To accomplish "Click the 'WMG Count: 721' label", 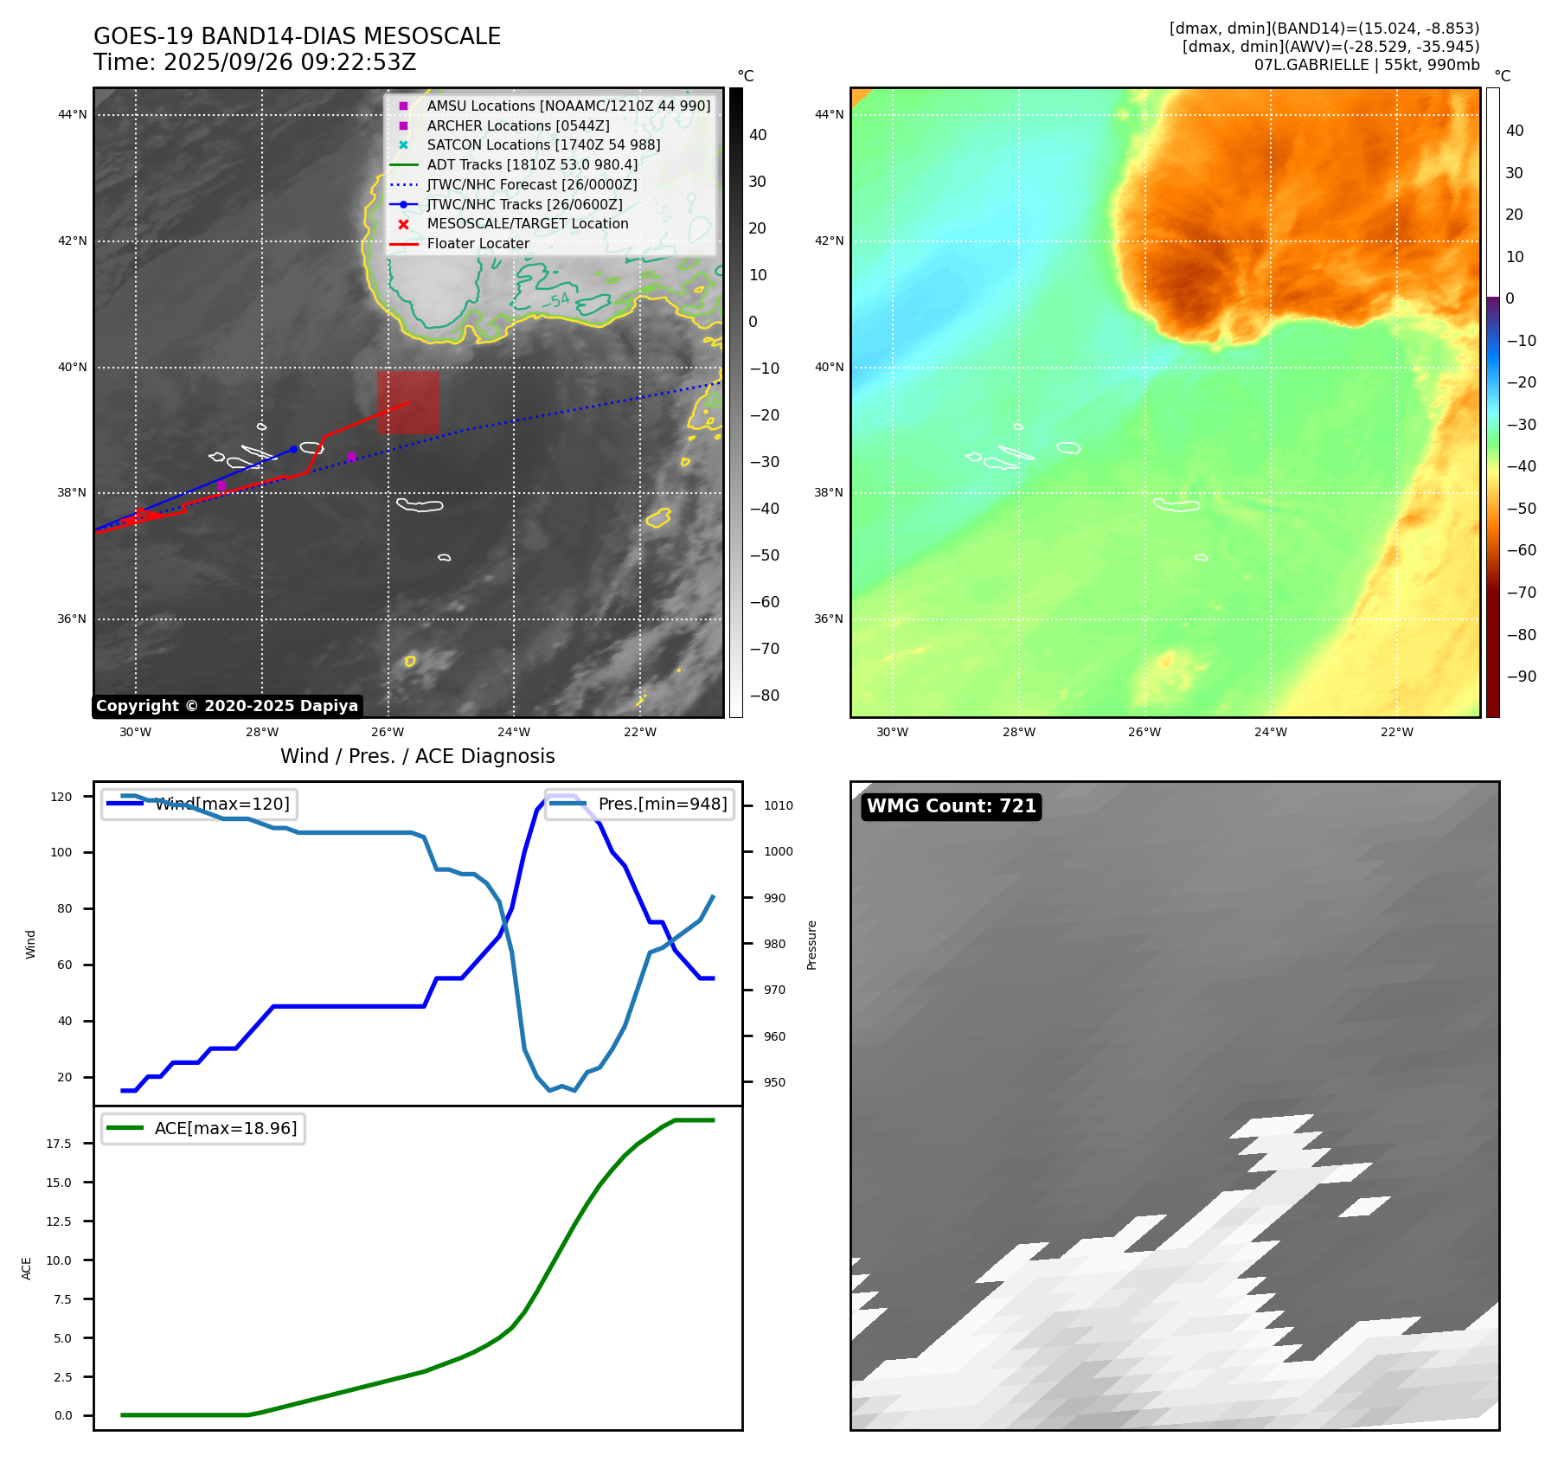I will coord(951,806).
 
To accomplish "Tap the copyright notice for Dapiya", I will coord(227,706).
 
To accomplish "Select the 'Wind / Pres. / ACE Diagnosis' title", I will coord(417,756).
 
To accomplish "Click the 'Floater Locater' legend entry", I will coord(478,244).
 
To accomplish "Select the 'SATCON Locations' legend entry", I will coord(542,145).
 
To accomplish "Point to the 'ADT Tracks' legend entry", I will coord(531,165).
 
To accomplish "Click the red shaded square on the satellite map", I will coord(407,402).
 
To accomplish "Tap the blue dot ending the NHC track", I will coord(294,449).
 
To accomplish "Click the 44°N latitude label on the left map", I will coord(73,114).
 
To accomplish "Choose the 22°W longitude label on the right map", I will coord(1396,732).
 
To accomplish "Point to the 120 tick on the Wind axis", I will coord(61,797).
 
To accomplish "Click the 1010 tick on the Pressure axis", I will coord(778,805).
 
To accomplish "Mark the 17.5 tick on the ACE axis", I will coord(59,1144).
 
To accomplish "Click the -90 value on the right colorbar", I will coord(1521,676).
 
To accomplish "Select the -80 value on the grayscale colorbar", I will coord(764,696).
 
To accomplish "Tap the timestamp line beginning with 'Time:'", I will coord(255,62).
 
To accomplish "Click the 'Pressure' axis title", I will coord(811,945).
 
